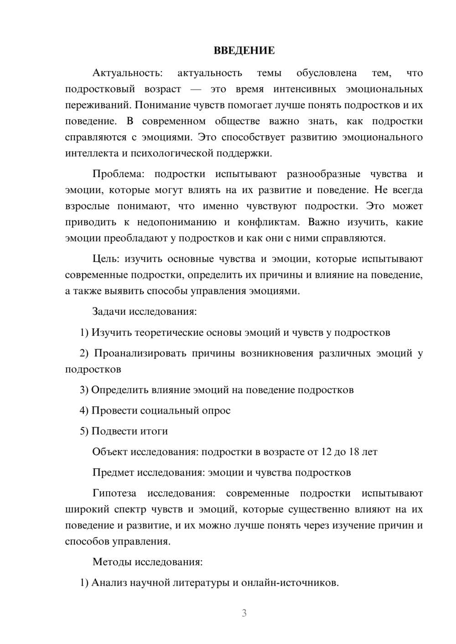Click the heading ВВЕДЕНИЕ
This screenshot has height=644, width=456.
click(x=244, y=51)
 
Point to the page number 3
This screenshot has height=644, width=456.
click(x=244, y=613)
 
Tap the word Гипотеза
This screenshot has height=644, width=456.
click(x=114, y=493)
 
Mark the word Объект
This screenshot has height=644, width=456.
click(x=110, y=452)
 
